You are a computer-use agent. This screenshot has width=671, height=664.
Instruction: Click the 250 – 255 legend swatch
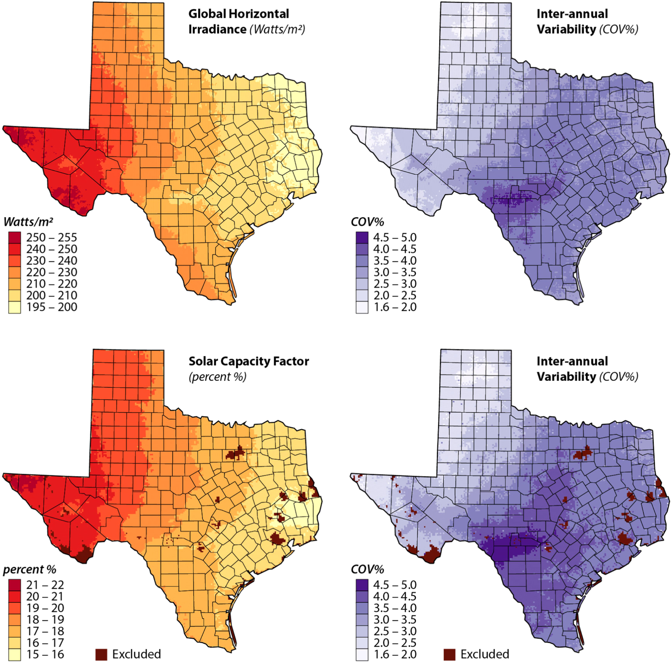coord(14,237)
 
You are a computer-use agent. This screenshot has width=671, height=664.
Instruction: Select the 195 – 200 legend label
coord(51,307)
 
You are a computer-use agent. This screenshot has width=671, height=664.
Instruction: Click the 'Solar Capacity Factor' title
coord(249,361)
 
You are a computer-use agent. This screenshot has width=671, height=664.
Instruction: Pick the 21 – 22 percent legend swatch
coord(14,584)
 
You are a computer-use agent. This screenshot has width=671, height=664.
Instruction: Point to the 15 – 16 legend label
coord(45,654)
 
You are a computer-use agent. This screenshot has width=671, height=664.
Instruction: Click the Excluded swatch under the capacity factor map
coord(101,654)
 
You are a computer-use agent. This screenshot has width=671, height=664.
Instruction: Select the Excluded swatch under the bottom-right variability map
coord(449,654)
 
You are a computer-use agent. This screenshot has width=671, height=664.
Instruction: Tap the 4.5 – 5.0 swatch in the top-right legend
coord(362,237)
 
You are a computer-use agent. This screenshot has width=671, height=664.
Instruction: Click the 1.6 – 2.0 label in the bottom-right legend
coord(395,654)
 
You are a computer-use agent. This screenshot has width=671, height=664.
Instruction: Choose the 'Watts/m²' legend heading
coord(28,222)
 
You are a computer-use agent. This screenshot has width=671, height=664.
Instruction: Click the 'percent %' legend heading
coord(30,569)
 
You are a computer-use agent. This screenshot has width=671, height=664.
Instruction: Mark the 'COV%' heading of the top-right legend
coord(367,222)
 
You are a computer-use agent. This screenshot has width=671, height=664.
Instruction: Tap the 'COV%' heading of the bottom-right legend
coord(367,569)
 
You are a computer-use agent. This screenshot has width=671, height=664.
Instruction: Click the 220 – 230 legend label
coord(51,272)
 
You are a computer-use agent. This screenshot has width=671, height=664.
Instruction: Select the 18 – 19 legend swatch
coord(14,620)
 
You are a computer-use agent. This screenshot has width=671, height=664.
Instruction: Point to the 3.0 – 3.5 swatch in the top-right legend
coord(362,272)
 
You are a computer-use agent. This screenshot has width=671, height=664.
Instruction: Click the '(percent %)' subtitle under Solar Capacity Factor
coord(217,377)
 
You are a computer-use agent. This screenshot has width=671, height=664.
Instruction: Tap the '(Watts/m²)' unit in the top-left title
coord(277,29)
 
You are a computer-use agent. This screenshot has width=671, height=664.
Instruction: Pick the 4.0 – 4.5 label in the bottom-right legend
coord(395,596)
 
